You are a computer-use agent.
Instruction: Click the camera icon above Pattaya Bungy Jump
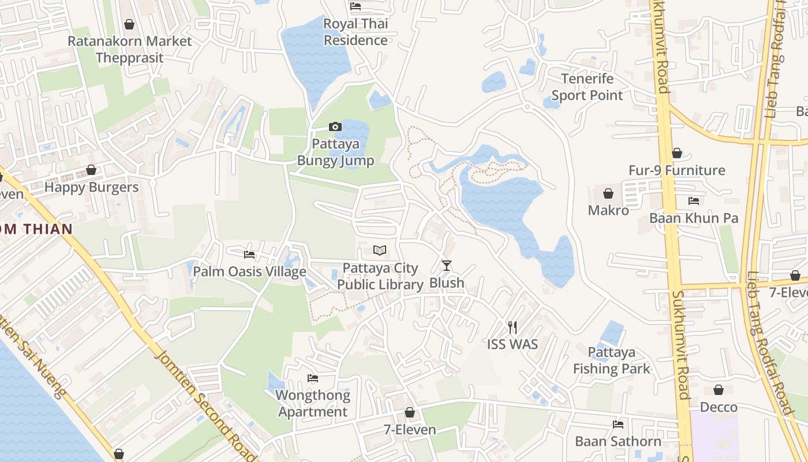pos(335,126)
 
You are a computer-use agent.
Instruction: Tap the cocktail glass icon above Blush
pos(446,266)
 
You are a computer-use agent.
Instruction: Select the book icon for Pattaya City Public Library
pos(380,251)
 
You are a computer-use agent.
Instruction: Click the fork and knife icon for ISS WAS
pos(512,327)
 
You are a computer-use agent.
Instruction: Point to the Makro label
pos(608,210)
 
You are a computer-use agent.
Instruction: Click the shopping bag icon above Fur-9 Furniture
pos(676,153)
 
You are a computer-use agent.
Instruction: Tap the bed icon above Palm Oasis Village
pos(249,254)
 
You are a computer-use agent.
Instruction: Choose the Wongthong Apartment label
pos(313,403)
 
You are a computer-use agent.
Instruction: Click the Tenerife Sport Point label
pos(587,87)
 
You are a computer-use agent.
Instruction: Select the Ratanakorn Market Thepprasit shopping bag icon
pos(129,24)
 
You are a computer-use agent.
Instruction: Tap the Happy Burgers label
pos(91,187)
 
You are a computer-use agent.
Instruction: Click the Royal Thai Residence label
pos(356,32)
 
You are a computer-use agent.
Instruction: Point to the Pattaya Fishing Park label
pos(612,360)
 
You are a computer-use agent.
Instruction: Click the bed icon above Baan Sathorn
pos(618,424)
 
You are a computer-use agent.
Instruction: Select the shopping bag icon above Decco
pos(719,390)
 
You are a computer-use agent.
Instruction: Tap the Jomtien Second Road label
pos(205,404)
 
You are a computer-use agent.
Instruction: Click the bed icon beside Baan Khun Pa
pos(694,201)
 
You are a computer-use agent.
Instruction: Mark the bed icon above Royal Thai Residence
pos(356,6)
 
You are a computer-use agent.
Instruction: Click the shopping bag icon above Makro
pos(608,193)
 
